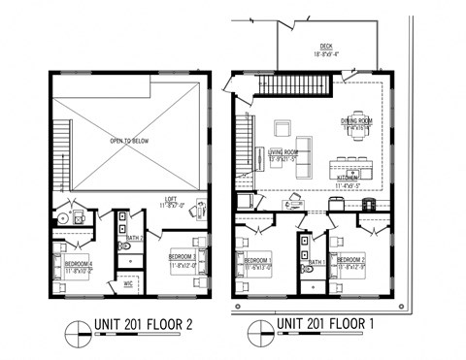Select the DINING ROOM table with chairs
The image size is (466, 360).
356,135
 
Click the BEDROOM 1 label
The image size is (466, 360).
258,260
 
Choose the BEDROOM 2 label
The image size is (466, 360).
350,260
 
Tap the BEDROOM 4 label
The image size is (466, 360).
79,263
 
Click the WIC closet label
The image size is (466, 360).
128,284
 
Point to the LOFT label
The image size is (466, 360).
171,203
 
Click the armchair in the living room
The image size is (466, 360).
284,128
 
